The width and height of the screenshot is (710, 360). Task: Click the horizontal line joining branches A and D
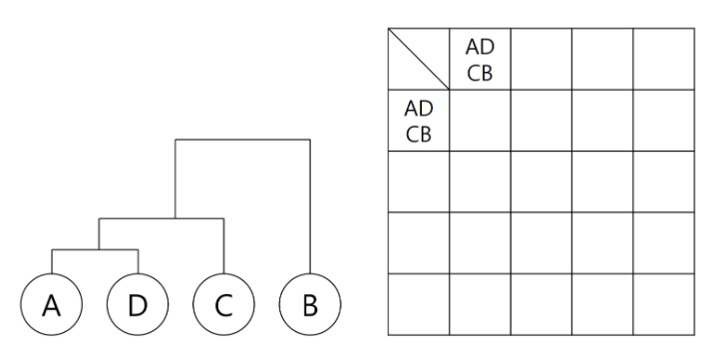pyautogui.click(x=93, y=248)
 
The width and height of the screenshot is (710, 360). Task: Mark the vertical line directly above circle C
pyautogui.click(x=223, y=244)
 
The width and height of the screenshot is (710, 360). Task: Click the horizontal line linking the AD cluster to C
pyautogui.click(x=160, y=217)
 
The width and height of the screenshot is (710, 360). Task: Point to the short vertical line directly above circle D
pyautogui.click(x=137, y=260)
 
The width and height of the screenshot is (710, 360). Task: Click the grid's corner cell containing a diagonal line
pyautogui.click(x=418, y=59)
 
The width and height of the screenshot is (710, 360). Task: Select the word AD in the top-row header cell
pyautogui.click(x=480, y=49)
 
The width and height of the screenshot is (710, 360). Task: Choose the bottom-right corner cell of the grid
pyautogui.click(x=663, y=304)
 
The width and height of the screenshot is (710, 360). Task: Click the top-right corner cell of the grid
pyautogui.click(x=663, y=59)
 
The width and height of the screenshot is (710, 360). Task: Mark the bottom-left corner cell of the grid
pyautogui.click(x=418, y=304)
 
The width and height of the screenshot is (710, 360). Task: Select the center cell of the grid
pyautogui.click(x=540, y=181)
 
